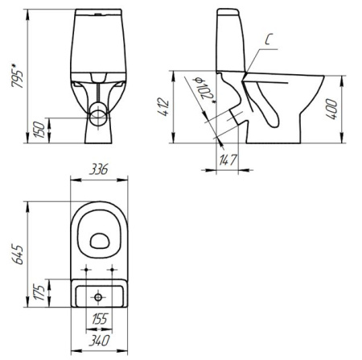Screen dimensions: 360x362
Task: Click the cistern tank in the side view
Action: [232, 44]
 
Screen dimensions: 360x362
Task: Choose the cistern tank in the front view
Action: [97, 44]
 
